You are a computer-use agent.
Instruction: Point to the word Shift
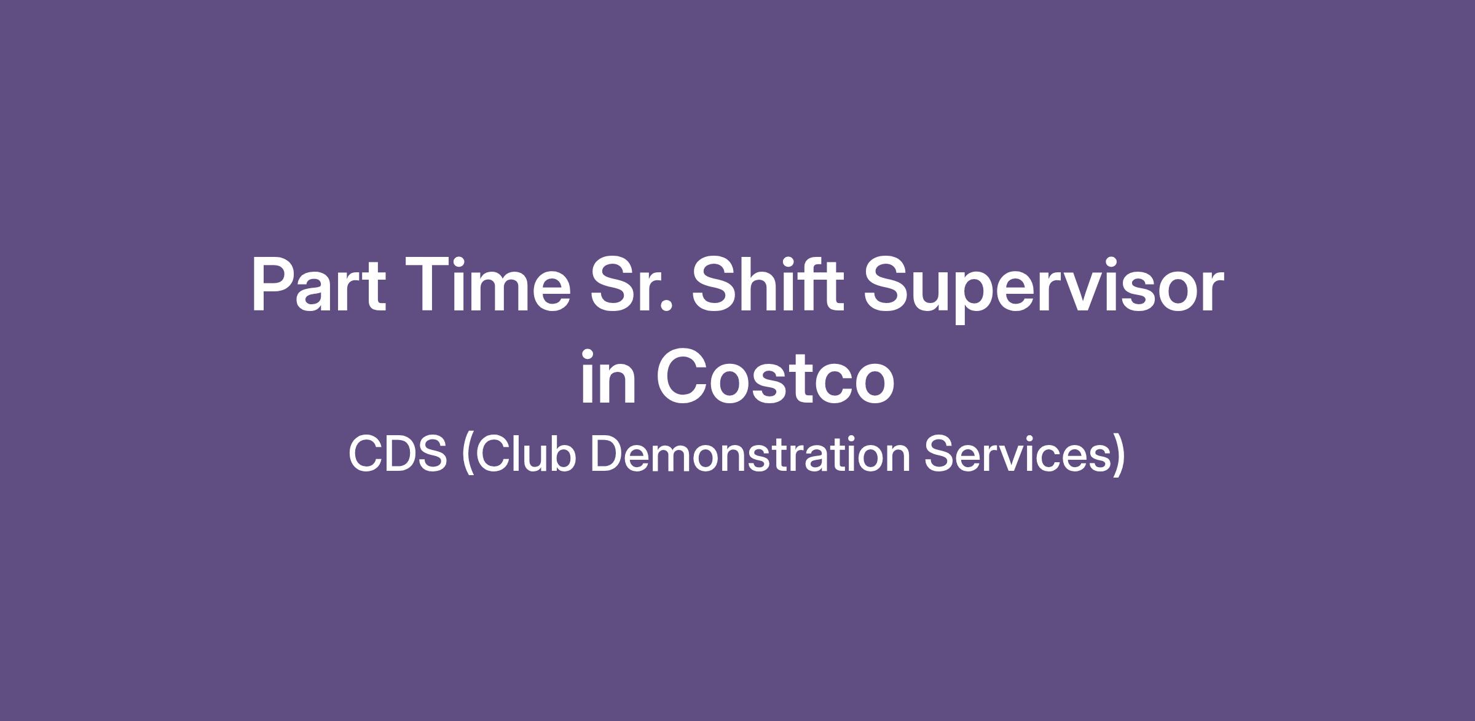(x=768, y=285)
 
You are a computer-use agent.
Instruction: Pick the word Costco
(x=775, y=377)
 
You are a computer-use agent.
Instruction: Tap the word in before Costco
(x=608, y=377)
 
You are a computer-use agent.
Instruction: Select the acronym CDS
(x=398, y=454)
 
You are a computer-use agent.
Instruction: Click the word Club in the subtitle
(x=525, y=453)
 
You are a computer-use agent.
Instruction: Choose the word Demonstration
(x=750, y=454)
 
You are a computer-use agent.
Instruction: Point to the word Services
(x=1018, y=454)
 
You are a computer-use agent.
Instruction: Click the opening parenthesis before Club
(x=468, y=454)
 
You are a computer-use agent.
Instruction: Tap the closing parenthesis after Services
(x=1119, y=454)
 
